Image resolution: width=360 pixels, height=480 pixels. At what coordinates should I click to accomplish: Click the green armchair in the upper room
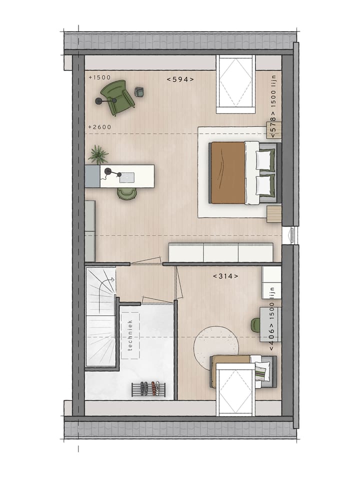[x=117, y=96]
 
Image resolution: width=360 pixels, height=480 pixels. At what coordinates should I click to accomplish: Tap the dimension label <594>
[x=180, y=79]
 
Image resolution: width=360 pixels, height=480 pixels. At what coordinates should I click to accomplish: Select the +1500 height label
[x=99, y=77]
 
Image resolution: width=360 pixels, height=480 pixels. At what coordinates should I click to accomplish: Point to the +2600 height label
[x=99, y=127]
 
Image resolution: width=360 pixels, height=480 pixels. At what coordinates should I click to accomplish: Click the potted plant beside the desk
[x=98, y=154]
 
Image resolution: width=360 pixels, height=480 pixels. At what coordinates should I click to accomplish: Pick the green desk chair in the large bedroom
[x=126, y=193]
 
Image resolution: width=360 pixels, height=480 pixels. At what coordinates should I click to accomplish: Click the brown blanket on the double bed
[x=227, y=173]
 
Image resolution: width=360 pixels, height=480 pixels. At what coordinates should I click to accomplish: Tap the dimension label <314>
[x=225, y=276]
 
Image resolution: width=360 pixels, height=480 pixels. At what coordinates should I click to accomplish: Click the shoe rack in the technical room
[x=148, y=389]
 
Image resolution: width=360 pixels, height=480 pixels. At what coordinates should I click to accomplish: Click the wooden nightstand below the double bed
[x=274, y=214]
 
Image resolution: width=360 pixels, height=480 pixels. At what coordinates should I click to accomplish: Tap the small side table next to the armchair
[x=139, y=91]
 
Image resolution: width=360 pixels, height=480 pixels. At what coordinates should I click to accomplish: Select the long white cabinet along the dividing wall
[x=220, y=251]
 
